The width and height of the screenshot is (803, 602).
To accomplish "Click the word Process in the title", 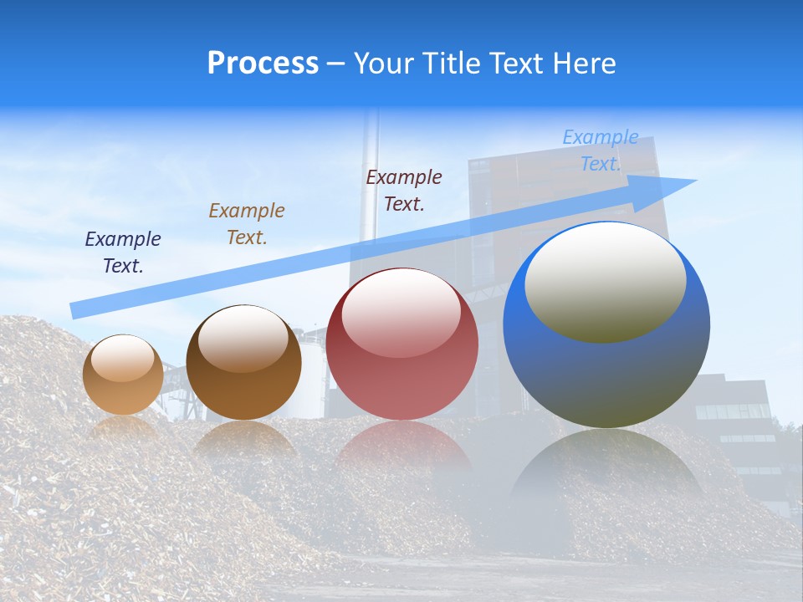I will point(263,64).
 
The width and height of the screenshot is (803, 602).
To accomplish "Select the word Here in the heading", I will point(583,64).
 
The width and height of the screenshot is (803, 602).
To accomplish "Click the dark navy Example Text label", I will point(123,253).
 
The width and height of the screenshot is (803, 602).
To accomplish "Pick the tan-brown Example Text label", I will point(247,224).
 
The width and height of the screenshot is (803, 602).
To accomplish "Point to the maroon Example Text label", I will point(404,191).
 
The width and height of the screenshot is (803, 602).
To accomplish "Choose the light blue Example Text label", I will point(601,150).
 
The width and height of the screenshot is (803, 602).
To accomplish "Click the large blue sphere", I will point(606,368).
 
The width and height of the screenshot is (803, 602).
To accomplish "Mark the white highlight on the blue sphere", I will point(606,280).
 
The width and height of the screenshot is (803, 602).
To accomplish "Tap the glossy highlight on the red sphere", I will point(401,312).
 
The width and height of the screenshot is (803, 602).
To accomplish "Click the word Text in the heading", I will point(510,64).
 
